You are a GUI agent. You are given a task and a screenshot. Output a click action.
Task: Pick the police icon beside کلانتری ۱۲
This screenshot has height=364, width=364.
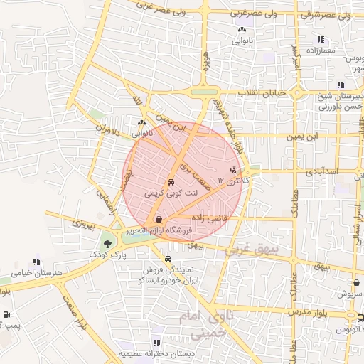coord(235,169)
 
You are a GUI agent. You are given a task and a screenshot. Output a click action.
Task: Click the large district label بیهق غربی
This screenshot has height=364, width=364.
coord(248,251)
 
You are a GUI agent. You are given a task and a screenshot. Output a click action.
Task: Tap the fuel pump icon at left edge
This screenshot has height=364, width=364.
coord(6,314)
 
